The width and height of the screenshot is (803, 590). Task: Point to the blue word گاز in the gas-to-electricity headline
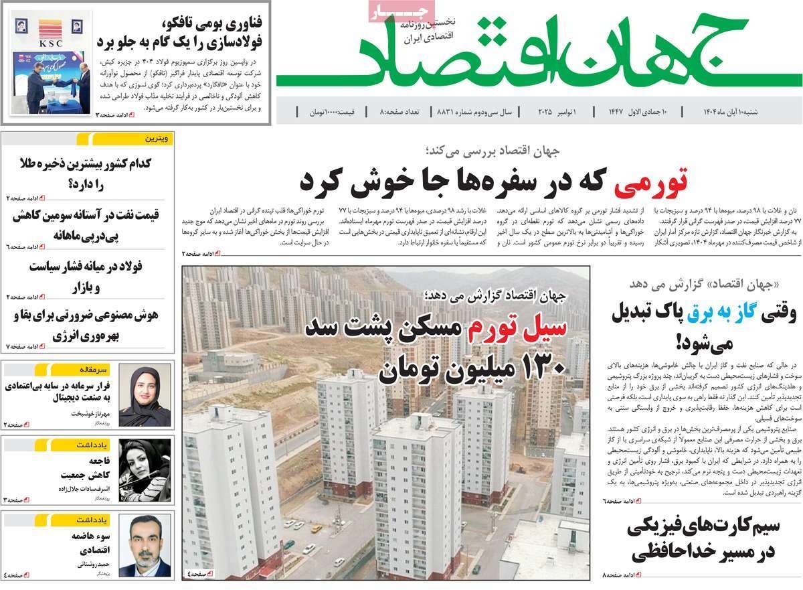coord(736,312)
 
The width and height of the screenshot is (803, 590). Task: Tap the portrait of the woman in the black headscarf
coord(144,396)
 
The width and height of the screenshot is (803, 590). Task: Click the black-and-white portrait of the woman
coord(144,471)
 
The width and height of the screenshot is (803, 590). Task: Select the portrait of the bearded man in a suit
coord(144,546)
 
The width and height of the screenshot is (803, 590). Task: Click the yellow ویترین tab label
coord(159,139)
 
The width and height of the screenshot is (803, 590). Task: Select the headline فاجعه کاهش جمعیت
coord(77,468)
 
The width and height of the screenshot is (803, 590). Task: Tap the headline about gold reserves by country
coord(84,172)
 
